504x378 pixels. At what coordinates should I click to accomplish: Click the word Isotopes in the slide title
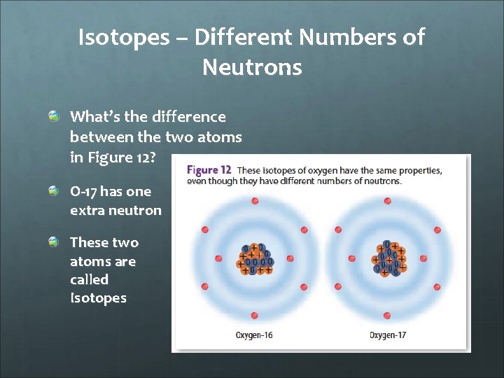click(x=123, y=37)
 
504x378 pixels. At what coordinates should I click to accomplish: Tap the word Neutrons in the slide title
click(x=252, y=67)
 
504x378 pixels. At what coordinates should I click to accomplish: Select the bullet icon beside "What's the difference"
click(x=54, y=115)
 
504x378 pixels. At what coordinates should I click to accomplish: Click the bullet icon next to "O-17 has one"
click(x=54, y=190)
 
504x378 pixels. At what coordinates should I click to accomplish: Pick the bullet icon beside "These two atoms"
click(x=54, y=241)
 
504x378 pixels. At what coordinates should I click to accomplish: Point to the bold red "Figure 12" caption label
click(x=209, y=170)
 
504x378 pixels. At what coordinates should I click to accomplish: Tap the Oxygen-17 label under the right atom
click(x=388, y=335)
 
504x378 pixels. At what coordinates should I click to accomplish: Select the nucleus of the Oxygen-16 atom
click(x=255, y=258)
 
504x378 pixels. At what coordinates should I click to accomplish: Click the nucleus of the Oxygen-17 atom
click(x=389, y=258)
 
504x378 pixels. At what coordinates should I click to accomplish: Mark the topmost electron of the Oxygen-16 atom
click(x=255, y=202)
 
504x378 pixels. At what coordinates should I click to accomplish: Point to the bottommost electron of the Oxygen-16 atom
click(x=255, y=316)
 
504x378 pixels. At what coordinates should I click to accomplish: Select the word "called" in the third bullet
click(x=89, y=279)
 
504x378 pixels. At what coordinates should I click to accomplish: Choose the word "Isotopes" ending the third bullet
click(x=98, y=298)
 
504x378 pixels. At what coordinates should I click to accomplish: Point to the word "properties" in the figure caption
click(x=417, y=170)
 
